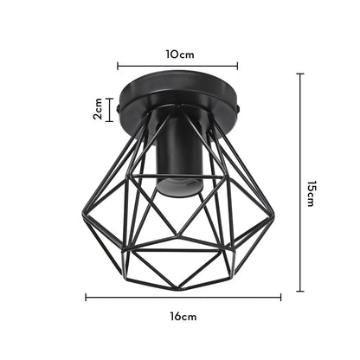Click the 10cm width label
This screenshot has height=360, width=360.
(x=180, y=54)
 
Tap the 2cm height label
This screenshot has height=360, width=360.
(x=99, y=109)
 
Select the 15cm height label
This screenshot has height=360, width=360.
(x=309, y=195)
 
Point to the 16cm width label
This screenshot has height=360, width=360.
(x=183, y=317)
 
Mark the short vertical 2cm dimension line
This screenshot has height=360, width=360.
(x=109, y=109)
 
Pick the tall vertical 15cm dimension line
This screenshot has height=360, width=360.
(x=299, y=182)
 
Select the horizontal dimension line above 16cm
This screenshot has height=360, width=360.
(x=183, y=297)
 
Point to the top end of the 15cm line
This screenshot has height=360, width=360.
(x=299, y=74)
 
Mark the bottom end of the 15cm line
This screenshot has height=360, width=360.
(x=299, y=291)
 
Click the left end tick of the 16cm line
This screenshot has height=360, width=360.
(x=86, y=297)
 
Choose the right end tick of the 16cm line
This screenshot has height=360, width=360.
(x=280, y=297)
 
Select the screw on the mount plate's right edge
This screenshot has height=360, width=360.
(x=239, y=109)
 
